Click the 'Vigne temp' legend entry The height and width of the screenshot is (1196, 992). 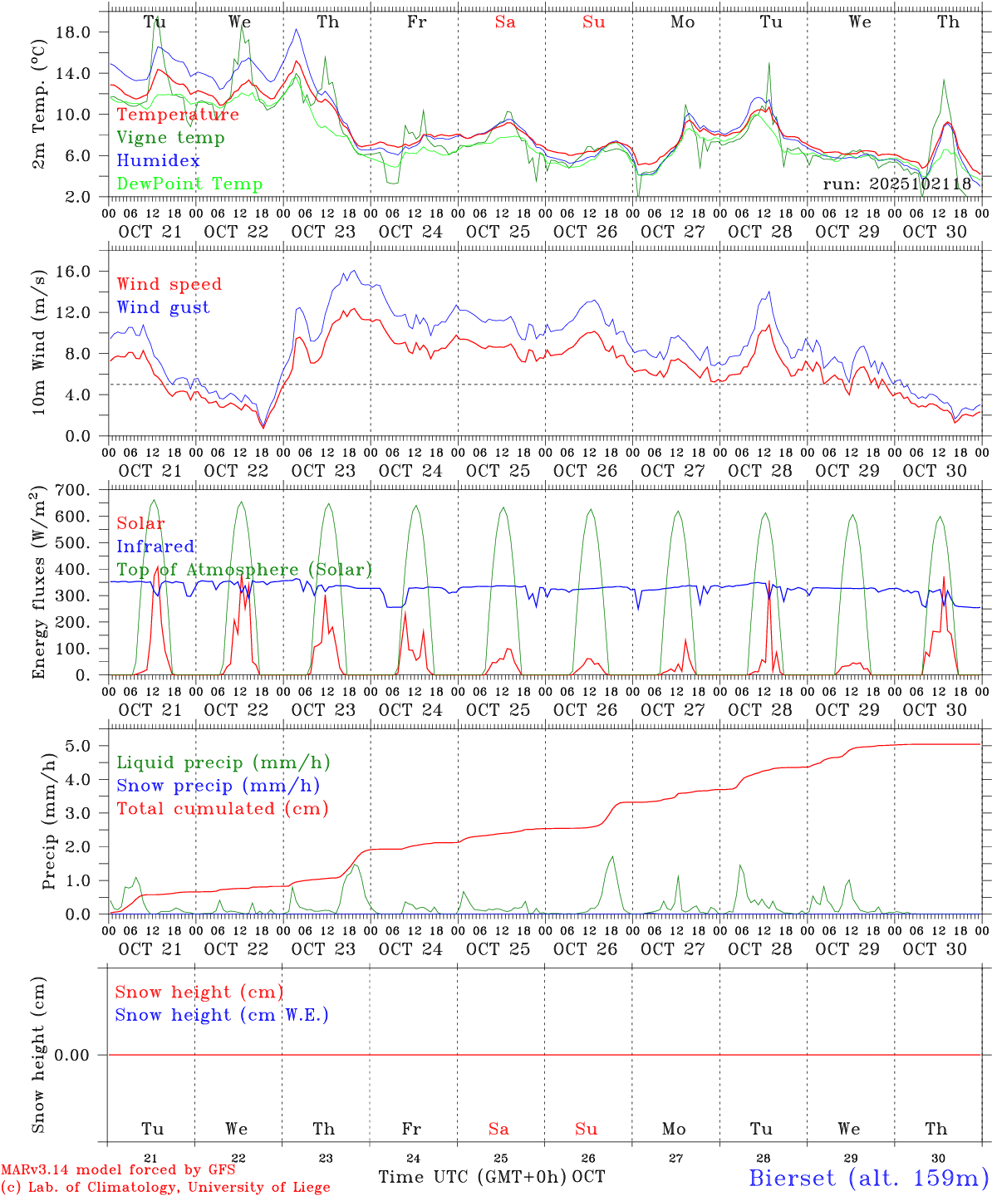170,138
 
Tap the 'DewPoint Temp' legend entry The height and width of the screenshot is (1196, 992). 189,184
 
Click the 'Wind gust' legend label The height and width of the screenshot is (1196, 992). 163,307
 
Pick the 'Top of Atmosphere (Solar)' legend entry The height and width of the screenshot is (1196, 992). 244,570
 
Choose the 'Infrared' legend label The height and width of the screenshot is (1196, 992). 155,547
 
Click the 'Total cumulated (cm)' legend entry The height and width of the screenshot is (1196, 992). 223,809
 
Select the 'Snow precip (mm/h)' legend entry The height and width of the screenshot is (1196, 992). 219,786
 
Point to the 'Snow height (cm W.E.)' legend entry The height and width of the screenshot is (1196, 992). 222,1015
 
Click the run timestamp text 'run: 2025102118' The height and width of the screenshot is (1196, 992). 896,184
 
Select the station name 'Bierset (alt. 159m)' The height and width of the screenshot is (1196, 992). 868,1177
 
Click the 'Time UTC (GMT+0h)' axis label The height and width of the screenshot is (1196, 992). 472,1177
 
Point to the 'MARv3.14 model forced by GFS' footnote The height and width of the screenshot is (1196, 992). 118,1170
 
